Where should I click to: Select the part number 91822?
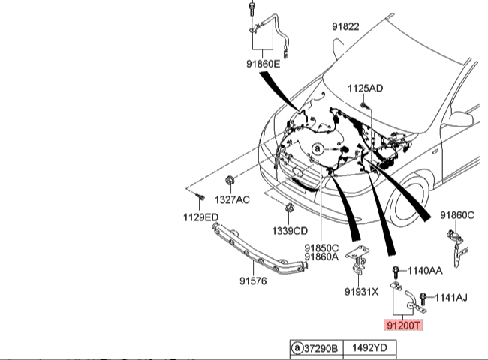(x=345, y=26)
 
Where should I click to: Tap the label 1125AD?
(x=365, y=88)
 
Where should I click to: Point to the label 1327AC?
(x=233, y=199)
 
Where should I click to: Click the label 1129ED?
(x=201, y=217)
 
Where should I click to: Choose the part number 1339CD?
(x=289, y=230)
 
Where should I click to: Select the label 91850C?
(x=322, y=247)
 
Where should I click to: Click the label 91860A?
(x=322, y=257)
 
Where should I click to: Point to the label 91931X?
(x=361, y=292)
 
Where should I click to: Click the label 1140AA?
(x=424, y=270)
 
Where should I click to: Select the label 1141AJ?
(x=450, y=298)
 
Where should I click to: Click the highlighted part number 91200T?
(x=404, y=326)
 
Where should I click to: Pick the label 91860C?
(x=457, y=215)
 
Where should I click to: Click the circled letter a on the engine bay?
(x=317, y=149)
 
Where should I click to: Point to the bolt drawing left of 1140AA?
(x=395, y=270)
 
